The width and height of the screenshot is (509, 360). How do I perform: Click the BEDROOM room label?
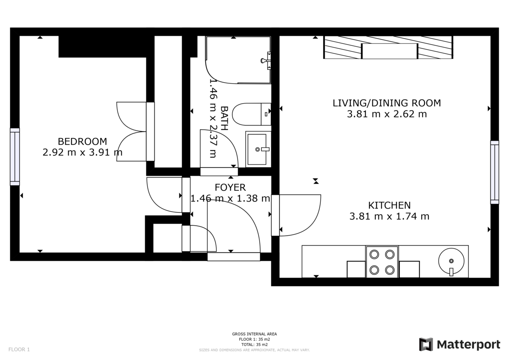point(82,141)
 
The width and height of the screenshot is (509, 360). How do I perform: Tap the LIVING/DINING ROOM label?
point(386,103)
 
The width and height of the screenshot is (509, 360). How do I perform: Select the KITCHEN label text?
point(389,205)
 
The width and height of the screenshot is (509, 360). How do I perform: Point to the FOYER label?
point(230,187)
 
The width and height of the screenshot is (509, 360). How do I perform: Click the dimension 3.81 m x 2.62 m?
point(386,114)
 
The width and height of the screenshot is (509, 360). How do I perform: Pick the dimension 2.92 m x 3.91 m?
point(82,153)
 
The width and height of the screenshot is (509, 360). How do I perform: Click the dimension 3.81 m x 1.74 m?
point(389,217)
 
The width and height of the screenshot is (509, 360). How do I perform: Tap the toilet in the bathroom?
point(252,114)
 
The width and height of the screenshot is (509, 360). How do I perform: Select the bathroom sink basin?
point(257,148)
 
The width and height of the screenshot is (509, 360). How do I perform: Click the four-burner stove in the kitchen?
point(382,262)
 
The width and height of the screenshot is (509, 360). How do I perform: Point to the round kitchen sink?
point(451,262)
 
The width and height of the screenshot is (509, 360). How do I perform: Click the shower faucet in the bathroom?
point(266,61)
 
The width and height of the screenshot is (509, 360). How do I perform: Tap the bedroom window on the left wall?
point(15,156)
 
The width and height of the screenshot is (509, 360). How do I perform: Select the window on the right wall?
point(495,172)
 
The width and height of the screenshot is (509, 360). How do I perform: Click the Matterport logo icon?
point(426,344)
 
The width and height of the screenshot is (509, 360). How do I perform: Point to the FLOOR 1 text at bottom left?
point(19,350)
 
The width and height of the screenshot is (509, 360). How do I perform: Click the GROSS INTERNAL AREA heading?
point(255,334)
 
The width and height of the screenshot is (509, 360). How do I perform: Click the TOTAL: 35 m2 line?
point(255,345)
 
